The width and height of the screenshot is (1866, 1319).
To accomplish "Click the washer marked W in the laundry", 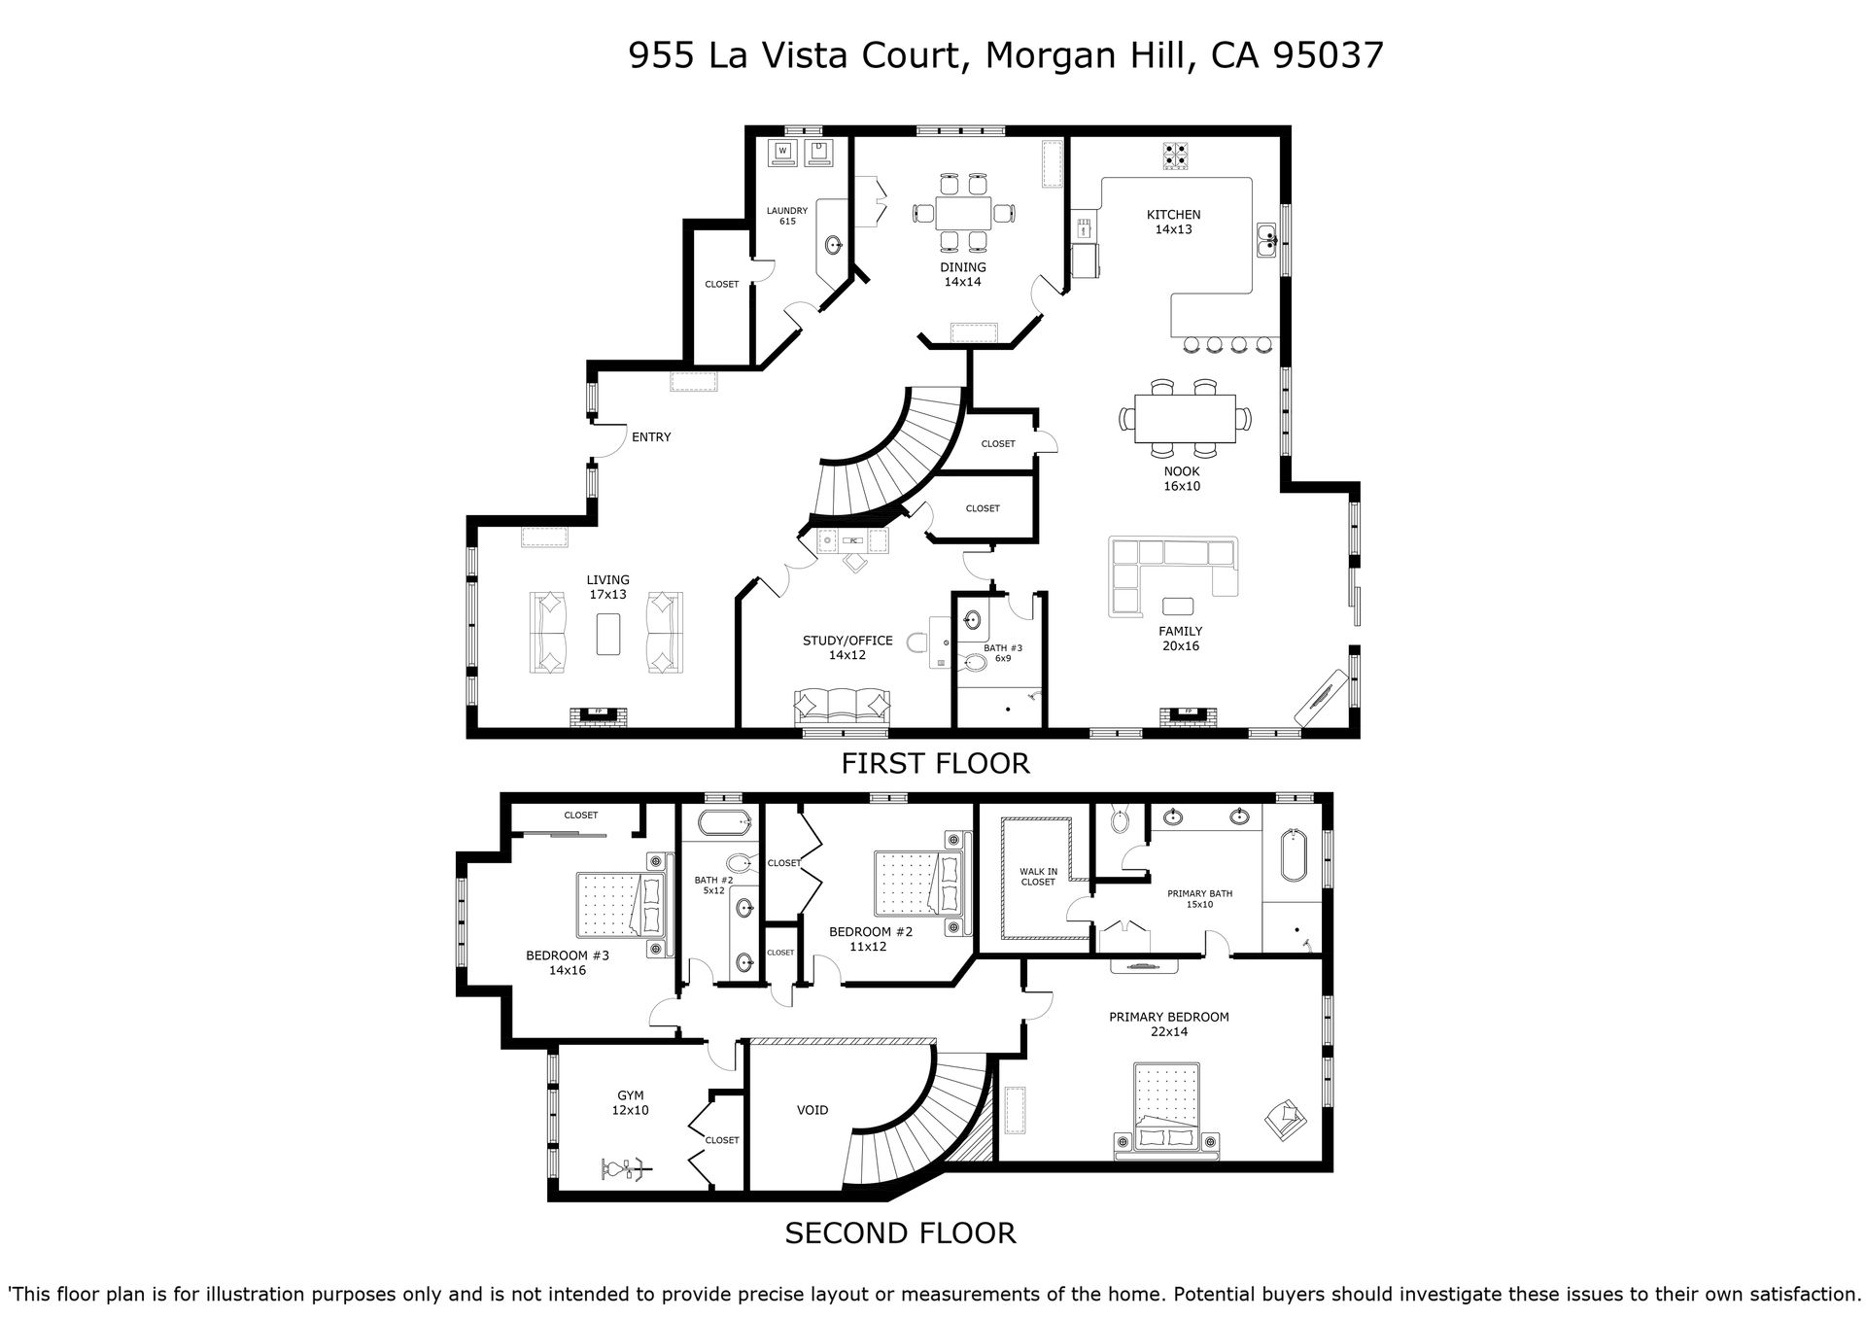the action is pos(782,152).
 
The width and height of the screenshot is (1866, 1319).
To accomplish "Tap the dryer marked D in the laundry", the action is pos(819,152).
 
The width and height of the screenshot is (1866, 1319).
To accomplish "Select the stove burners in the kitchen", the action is pos(1175,156).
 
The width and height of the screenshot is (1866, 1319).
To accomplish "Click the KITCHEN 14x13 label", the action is pos(1173,223).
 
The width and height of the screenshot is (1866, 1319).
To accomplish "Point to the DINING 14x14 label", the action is pos(962,274).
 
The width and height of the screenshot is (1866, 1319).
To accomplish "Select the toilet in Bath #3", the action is pos(973,664).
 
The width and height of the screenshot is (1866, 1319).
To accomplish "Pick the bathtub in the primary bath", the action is pos(1293,855).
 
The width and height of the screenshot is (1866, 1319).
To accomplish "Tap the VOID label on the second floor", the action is pos(812,1110).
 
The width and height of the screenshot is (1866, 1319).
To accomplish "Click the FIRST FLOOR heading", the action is pos(935,764).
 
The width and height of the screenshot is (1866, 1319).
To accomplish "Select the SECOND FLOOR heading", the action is pos(900,1233).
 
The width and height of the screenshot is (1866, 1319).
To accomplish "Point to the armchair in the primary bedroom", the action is pos(1286,1119).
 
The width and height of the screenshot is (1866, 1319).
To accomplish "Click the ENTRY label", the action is pos(651,437).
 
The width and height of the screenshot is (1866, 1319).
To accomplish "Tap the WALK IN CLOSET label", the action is pos(1038,877).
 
